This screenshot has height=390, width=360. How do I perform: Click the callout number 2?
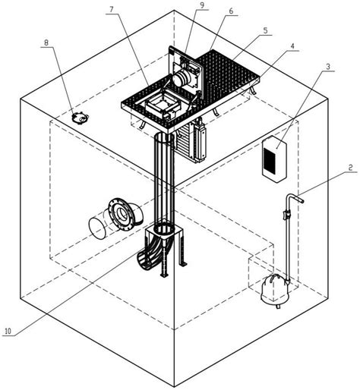pyautogui.click(x=350, y=167)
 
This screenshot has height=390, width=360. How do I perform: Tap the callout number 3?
pyautogui.click(x=328, y=67)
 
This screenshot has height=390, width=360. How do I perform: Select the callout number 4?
pyautogui.click(x=292, y=46)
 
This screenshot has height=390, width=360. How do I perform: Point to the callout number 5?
pyautogui.click(x=265, y=30)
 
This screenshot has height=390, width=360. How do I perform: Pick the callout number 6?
pyautogui.click(x=231, y=11)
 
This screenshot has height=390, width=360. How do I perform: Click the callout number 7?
pyautogui.click(x=112, y=9)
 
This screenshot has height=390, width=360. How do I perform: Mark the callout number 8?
pyautogui.click(x=46, y=42)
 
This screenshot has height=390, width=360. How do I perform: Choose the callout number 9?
pyautogui.click(x=202, y=5)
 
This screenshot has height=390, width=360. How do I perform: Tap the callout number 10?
pyautogui.click(x=8, y=331)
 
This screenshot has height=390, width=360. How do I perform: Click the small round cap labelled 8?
pyautogui.click(x=80, y=118)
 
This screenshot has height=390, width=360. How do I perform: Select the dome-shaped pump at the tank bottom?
pyautogui.click(x=275, y=288)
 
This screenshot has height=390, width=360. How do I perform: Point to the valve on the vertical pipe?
pyautogui.click(x=287, y=215)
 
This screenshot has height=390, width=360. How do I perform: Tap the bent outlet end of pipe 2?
pyautogui.click(x=300, y=200)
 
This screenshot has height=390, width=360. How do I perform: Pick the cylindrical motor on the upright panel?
pyautogui.click(x=182, y=77)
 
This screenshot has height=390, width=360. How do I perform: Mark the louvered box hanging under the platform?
pyautogui.click(x=191, y=143)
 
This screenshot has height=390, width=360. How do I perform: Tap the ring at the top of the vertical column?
pyautogui.click(x=165, y=138)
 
